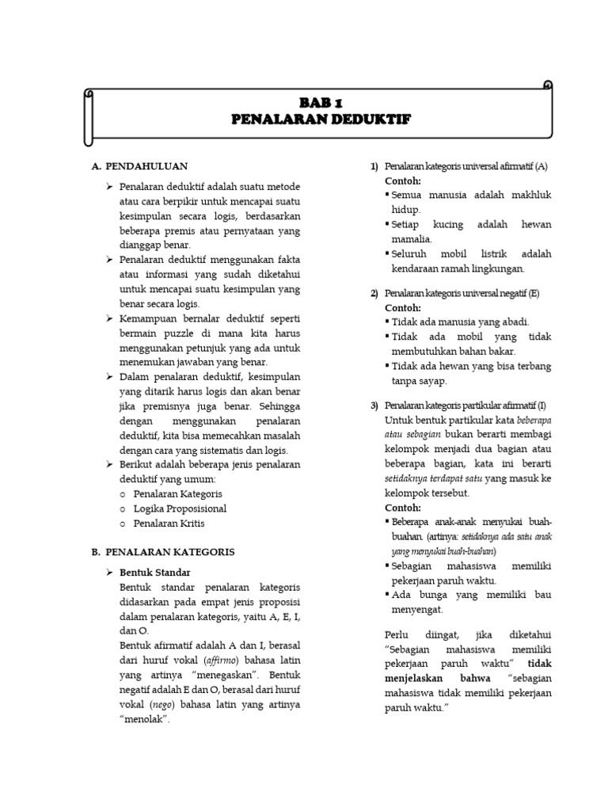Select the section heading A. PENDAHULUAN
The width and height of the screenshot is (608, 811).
[x=139, y=166]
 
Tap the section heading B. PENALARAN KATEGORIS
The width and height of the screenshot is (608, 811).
[x=162, y=551]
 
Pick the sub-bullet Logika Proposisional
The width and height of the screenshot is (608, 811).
[x=180, y=508]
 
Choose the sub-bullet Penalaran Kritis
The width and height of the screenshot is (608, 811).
[x=169, y=524]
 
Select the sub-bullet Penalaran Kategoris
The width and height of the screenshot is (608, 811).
[x=177, y=493]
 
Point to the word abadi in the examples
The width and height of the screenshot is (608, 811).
[x=511, y=322]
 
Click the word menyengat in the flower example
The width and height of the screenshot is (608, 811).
[x=416, y=609]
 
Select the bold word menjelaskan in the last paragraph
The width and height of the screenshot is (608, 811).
[x=416, y=679]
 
